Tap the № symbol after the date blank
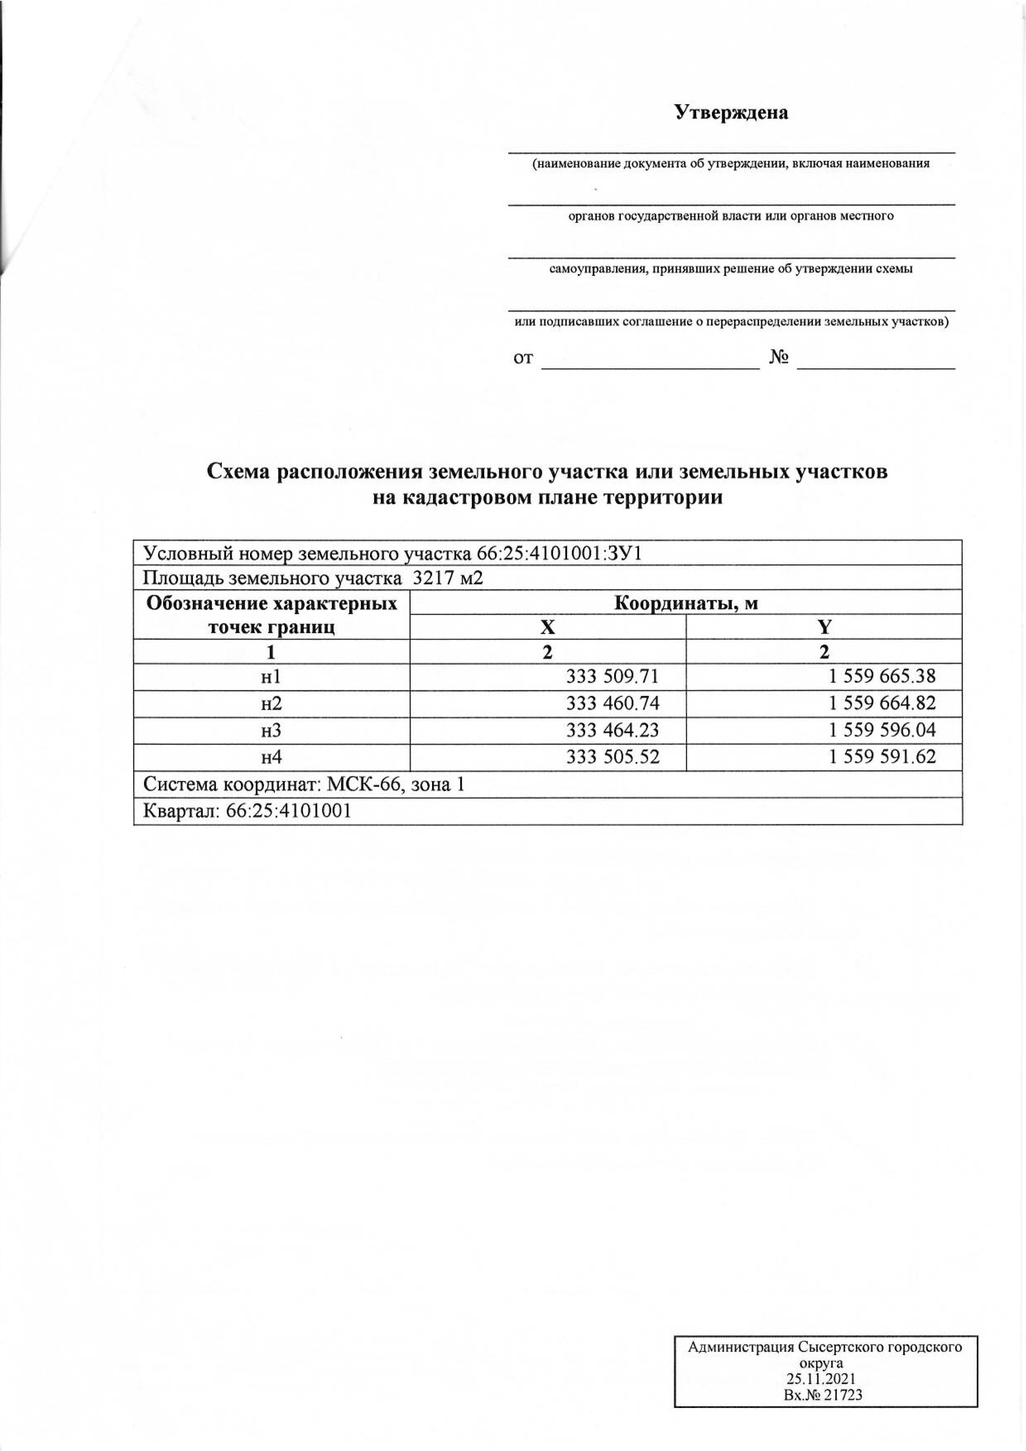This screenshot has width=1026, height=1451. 779,358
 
